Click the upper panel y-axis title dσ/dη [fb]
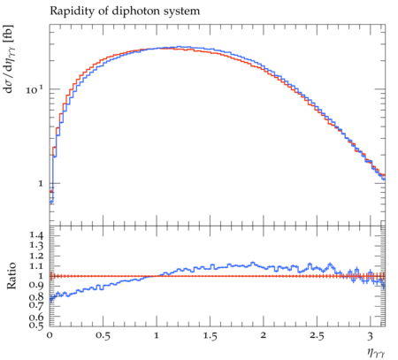tap(10, 59)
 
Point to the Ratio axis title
tap(11, 276)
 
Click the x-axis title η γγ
tap(376, 352)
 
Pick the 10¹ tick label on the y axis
tap(34, 89)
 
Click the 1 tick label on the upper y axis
tap(41, 183)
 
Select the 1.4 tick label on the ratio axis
tap(36, 235)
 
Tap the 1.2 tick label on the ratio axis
tap(36, 256)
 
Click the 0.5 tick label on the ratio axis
tap(36, 325)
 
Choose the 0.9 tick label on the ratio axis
tap(36, 286)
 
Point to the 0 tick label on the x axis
tap(50, 335)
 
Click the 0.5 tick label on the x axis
tap(103, 335)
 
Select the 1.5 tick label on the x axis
tap(210, 335)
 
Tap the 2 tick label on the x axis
tap(264, 335)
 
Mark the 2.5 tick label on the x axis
tap(317, 335)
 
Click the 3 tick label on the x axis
tap(371, 335)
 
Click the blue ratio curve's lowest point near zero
tap(51, 300)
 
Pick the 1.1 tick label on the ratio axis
tap(36, 266)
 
